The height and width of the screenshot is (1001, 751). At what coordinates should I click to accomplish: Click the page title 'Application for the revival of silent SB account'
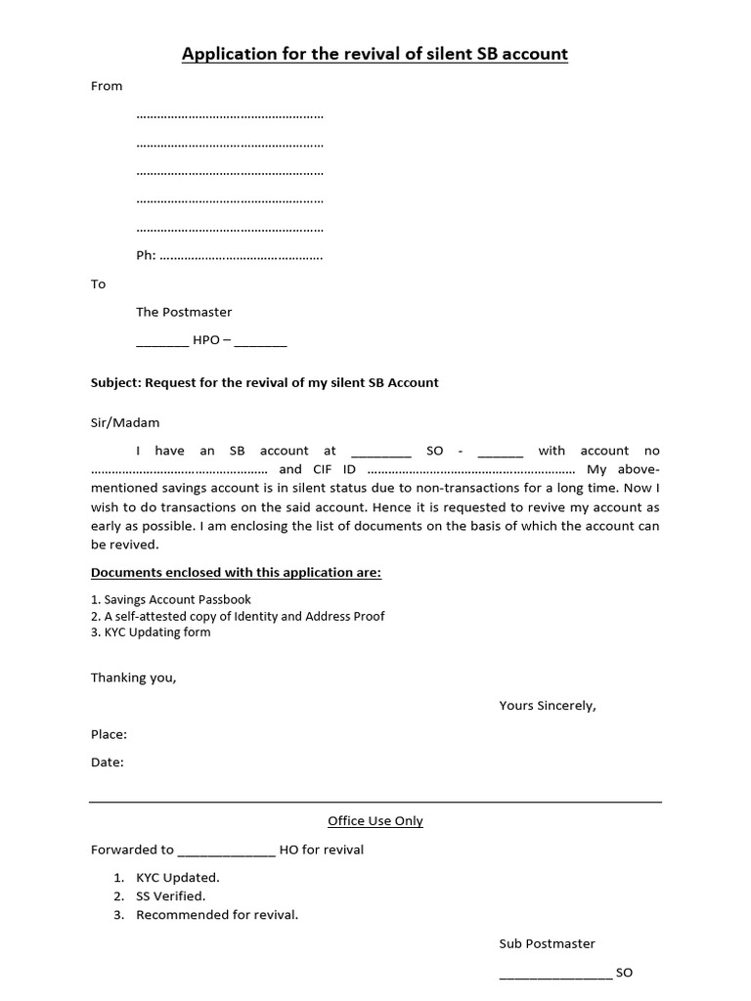[x=375, y=54]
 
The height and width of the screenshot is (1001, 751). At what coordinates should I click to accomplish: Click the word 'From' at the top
[x=107, y=86]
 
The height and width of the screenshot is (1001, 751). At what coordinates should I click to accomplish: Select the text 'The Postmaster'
[x=184, y=312]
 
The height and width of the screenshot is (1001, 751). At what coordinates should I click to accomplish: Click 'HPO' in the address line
[x=206, y=341]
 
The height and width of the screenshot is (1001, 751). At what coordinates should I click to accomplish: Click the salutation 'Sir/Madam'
[x=125, y=423]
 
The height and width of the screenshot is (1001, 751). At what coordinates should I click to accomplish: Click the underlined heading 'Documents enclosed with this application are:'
[x=236, y=572]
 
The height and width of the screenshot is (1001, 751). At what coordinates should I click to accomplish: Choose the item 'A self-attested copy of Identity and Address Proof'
[x=238, y=616]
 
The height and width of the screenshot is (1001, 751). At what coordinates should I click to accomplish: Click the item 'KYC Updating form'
[x=151, y=632]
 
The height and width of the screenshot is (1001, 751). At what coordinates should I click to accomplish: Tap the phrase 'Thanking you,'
[x=134, y=677]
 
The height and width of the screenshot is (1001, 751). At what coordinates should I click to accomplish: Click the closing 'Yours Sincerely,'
[x=547, y=705]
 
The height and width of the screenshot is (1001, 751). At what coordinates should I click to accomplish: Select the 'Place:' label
[x=109, y=734]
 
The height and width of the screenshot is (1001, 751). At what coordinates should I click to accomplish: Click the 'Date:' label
[x=108, y=762]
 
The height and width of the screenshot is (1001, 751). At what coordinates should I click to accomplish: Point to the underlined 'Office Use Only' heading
[x=375, y=821]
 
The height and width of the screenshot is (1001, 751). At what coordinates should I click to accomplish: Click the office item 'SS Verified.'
[x=170, y=895]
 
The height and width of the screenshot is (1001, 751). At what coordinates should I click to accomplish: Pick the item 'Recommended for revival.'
[x=217, y=915]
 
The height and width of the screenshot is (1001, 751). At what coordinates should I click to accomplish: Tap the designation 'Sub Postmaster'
[x=547, y=943]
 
